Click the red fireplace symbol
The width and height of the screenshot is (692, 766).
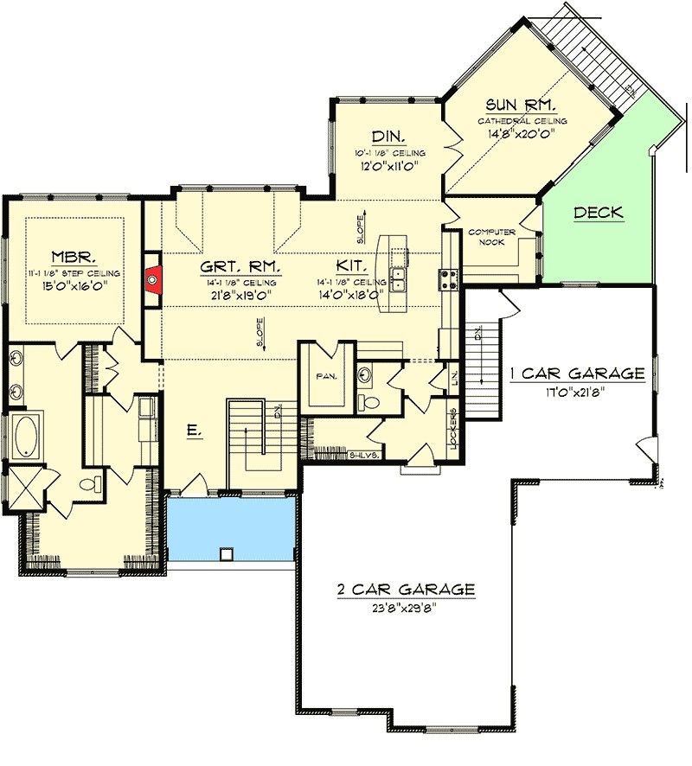tap(154, 278)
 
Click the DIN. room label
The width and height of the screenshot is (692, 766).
tap(385, 136)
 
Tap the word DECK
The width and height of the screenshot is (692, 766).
tap(598, 212)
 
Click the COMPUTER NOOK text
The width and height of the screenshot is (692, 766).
tap(491, 238)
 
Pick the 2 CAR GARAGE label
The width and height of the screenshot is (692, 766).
tap(406, 590)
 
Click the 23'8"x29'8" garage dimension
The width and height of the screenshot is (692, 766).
tap(406, 607)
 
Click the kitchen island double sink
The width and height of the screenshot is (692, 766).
tap(399, 279)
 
